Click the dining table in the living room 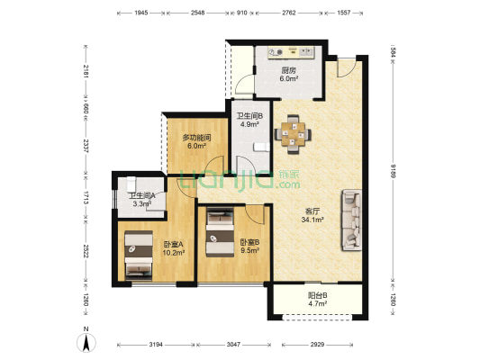pos(293,134)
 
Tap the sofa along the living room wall pos(352,220)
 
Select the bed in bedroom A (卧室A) pos(139,256)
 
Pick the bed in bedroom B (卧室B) pos(220,232)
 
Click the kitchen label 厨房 pos(289,70)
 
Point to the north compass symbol pos(86,340)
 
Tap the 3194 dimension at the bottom pos(156,345)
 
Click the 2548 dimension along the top pos(197,13)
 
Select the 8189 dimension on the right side pos(392,175)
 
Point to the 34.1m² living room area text pos(312,220)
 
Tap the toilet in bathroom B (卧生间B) pos(262,147)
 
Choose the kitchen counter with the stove pos(291,52)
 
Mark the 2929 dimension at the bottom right pos(317,345)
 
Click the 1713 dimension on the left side pos(86,198)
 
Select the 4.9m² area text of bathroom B pos(249,124)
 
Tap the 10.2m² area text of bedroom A pos(174,253)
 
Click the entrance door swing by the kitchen pos(347,67)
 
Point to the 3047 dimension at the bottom pos(233,345)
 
